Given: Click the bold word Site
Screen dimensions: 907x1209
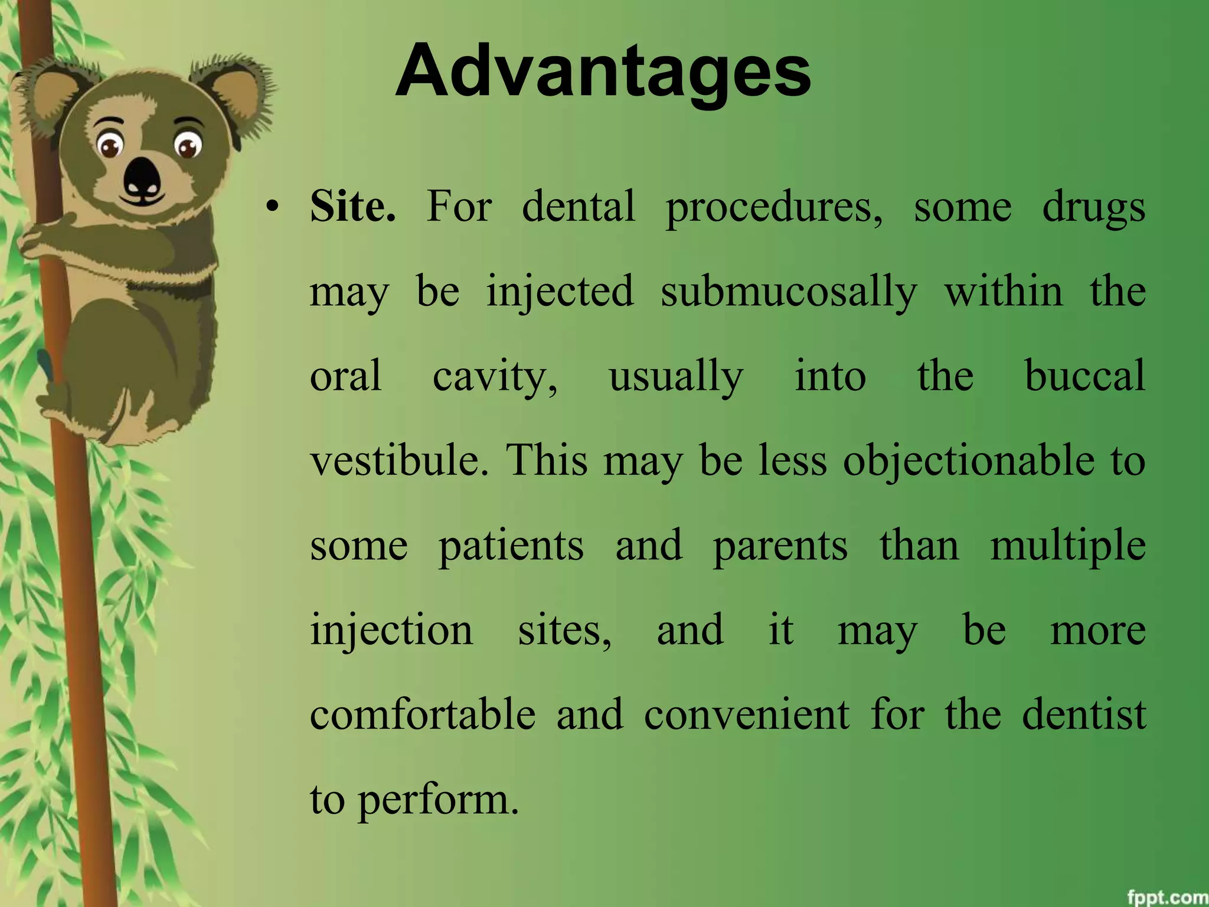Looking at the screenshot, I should point(352,207).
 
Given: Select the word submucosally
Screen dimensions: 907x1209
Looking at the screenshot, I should point(789,292).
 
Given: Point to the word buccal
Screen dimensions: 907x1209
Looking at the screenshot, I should point(1085,376).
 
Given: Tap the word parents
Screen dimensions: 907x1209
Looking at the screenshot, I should point(780,546).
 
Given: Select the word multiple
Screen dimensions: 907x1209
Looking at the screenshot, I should point(1068,546).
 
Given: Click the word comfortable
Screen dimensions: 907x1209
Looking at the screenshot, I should point(423,714).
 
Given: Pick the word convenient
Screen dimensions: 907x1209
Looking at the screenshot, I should point(747,714).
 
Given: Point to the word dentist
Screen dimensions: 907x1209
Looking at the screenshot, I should point(1084,714).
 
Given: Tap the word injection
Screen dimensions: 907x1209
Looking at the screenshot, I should point(391,630).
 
